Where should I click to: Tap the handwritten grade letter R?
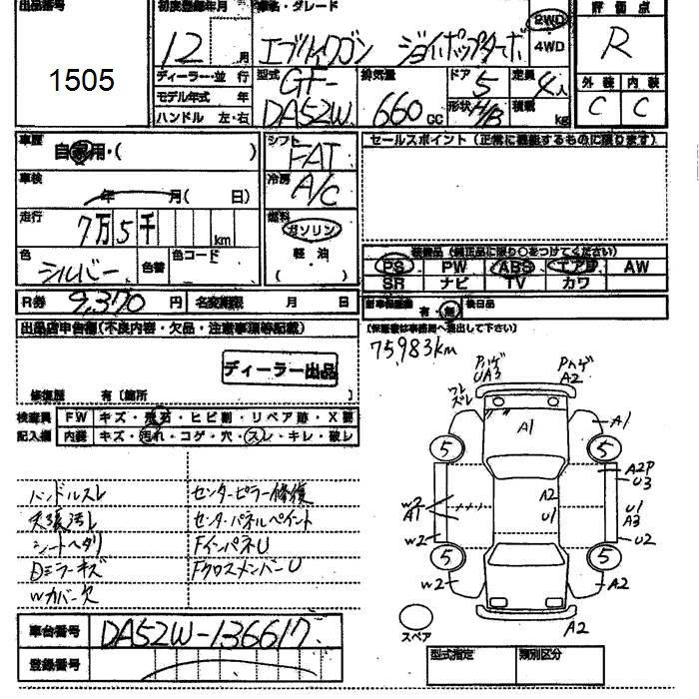[620, 46]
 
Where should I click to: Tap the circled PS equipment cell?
[396, 267]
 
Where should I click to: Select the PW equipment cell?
[454, 267]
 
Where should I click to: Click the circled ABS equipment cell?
[515, 267]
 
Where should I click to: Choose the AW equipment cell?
[636, 267]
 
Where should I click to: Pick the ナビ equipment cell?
[454, 283]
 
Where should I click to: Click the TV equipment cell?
[515, 283]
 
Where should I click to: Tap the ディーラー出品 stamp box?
[279, 370]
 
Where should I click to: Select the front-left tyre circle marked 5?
[445, 446]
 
